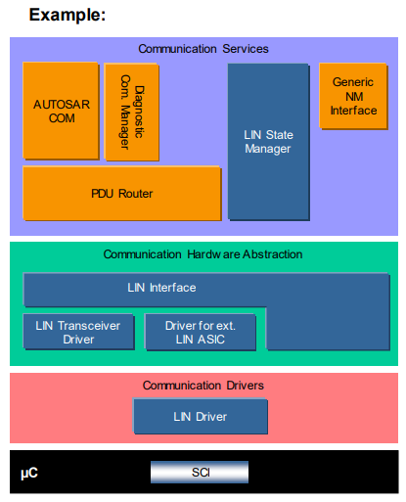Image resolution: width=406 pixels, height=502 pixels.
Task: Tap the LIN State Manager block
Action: click(x=267, y=141)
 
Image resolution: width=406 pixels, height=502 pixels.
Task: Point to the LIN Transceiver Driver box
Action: click(x=77, y=332)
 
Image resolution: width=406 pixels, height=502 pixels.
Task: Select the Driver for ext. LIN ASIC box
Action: click(x=200, y=332)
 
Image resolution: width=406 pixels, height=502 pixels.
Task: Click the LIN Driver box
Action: click(x=200, y=417)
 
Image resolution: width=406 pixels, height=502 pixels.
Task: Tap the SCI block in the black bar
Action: click(x=200, y=472)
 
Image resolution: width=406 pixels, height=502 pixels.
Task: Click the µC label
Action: click(x=29, y=473)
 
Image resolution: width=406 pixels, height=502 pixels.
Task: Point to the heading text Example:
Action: click(x=68, y=16)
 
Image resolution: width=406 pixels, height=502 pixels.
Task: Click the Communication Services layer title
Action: click(x=203, y=48)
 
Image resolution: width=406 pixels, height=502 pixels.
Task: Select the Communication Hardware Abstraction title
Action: click(x=203, y=254)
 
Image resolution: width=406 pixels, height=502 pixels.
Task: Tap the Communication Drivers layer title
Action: click(x=203, y=386)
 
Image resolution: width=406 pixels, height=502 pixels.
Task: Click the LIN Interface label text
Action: click(x=161, y=288)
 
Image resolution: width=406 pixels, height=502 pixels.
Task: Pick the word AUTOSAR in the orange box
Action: click(x=59, y=103)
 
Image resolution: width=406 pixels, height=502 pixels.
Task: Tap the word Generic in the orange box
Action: click(x=353, y=82)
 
